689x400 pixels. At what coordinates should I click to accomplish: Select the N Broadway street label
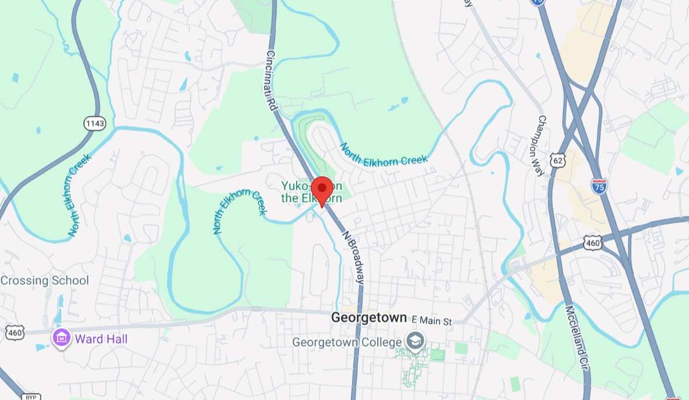(x=353, y=258)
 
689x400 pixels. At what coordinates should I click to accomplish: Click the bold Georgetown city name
(x=369, y=318)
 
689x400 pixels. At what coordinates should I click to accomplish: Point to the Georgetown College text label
(x=349, y=342)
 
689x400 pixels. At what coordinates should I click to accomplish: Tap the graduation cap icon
(x=416, y=341)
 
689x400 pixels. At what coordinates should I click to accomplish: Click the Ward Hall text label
(x=101, y=339)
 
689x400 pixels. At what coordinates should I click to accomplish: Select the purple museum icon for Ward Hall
(x=61, y=338)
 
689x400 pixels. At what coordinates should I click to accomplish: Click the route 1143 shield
(x=94, y=123)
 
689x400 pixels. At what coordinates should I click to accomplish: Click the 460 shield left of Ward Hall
(x=15, y=332)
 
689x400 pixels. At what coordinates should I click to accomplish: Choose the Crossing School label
(x=45, y=280)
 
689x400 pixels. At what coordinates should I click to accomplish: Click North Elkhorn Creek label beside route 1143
(x=80, y=195)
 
